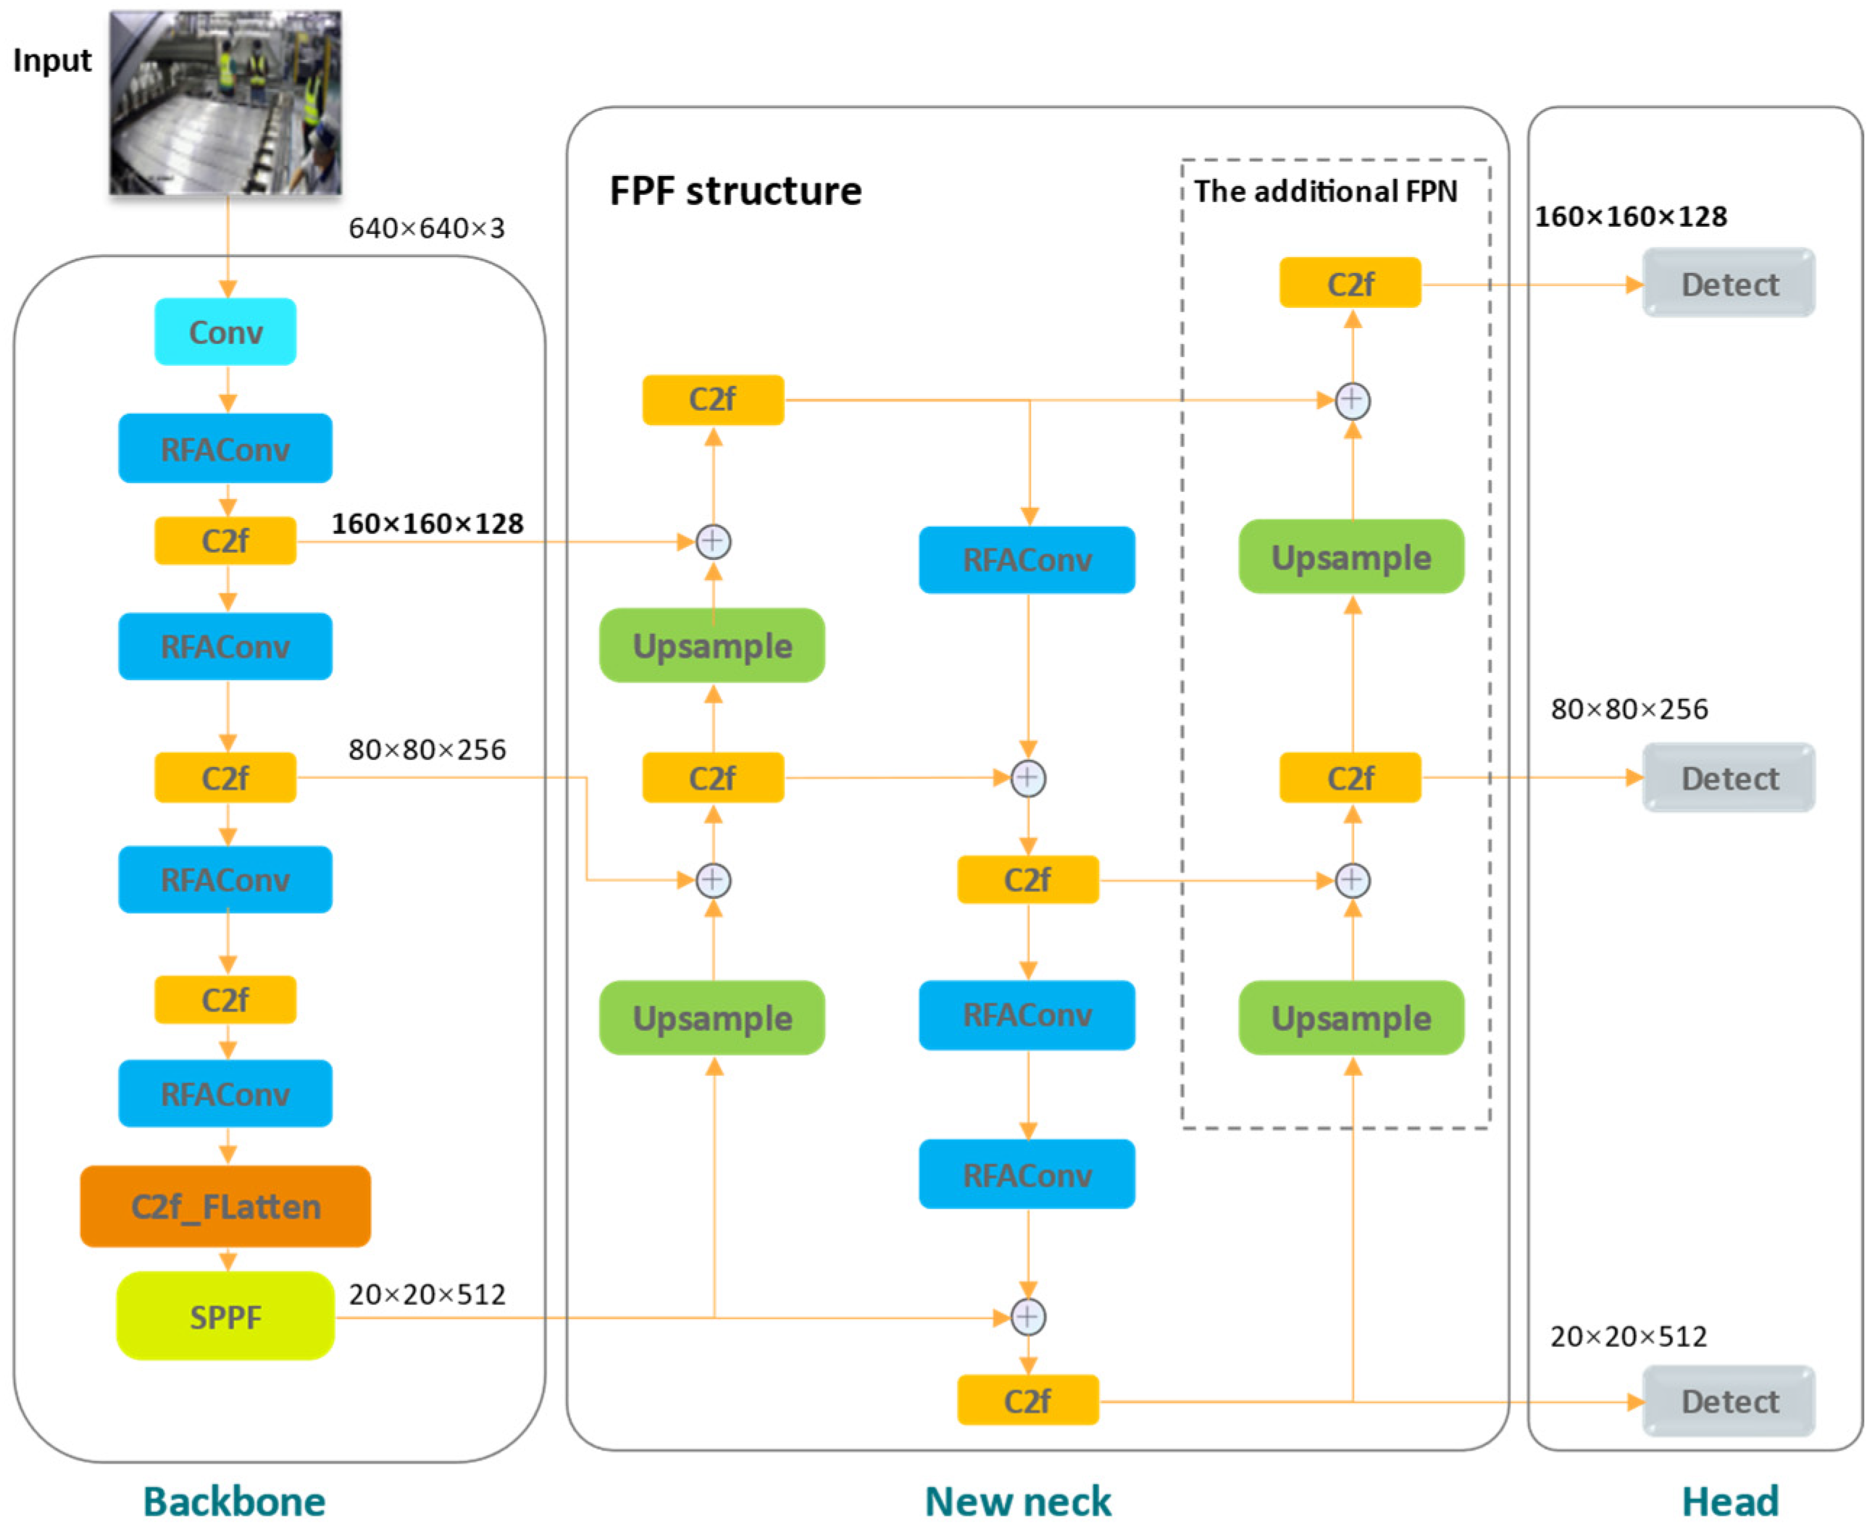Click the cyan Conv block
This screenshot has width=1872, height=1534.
tap(225, 332)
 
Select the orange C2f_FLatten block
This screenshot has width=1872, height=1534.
tap(225, 1206)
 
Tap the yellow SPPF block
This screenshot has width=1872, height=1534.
tap(225, 1317)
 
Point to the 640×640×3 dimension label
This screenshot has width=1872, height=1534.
tap(426, 229)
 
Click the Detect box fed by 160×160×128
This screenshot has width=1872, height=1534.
tap(1728, 284)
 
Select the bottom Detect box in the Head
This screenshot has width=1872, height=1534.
tap(1728, 1401)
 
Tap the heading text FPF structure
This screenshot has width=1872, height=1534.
tap(735, 191)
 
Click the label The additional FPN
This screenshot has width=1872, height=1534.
tap(1325, 191)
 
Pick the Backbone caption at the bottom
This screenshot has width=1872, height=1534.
tap(234, 1501)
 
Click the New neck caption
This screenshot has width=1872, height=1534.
tap(1017, 1501)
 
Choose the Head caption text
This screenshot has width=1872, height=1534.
tap(1729, 1501)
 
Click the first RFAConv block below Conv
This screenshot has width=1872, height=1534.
tap(225, 449)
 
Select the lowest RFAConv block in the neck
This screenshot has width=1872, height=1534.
tap(1027, 1174)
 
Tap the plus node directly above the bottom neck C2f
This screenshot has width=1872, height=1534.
tap(1027, 1317)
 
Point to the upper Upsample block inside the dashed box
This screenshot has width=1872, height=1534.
tap(1350, 558)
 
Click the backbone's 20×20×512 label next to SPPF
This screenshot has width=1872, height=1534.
tap(426, 1294)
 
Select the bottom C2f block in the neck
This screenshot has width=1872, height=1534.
tap(1027, 1401)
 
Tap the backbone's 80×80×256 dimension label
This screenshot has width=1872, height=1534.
tap(426, 750)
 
